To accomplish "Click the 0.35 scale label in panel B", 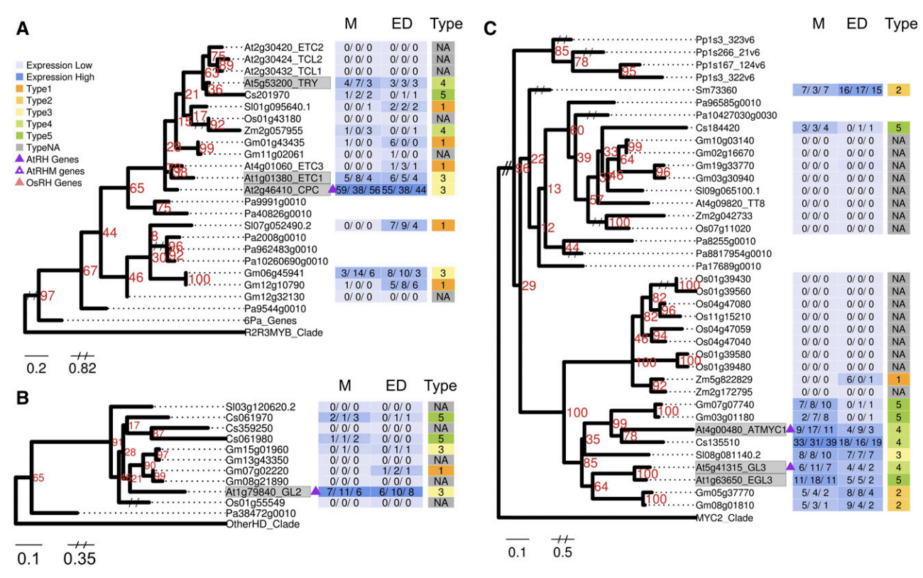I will pyautogui.click(x=80, y=558).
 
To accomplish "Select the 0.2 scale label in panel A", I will pyautogui.click(x=37, y=368).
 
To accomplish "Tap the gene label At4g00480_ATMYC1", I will pyautogui.click(x=739, y=429).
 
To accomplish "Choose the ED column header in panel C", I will pyautogui.click(x=856, y=24).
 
